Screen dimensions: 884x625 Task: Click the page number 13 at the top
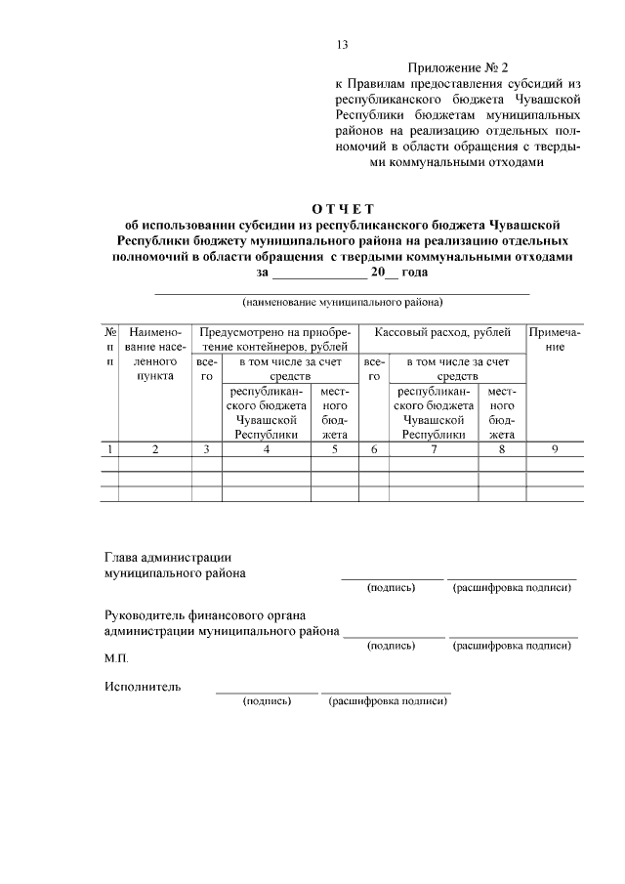[x=342, y=45]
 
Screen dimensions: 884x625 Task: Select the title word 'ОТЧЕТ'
[x=343, y=207]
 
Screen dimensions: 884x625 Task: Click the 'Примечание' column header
[x=555, y=340]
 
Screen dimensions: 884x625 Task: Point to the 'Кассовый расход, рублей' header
[x=442, y=333]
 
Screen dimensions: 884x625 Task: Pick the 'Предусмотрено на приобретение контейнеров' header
[x=274, y=340]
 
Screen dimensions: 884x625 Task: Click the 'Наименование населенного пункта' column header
[x=154, y=354]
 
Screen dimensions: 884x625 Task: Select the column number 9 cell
[x=555, y=449]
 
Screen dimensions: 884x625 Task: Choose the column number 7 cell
[x=434, y=449]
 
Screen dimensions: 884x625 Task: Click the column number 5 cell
[x=334, y=449]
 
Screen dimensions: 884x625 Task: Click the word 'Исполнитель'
[x=143, y=686]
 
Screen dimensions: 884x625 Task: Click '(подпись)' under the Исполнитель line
[x=267, y=700]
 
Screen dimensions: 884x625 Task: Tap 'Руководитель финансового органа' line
[x=205, y=615]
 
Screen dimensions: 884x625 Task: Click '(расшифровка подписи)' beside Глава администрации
[x=512, y=588]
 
